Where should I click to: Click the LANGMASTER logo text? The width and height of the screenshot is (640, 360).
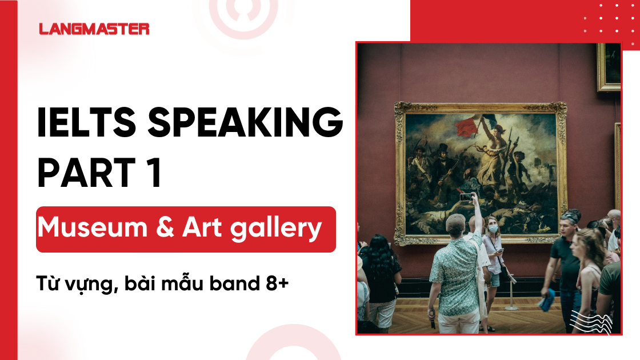point(94,29)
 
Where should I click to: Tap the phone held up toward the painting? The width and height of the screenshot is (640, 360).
point(466,197)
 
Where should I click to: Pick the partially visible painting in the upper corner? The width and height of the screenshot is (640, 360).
point(609,66)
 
